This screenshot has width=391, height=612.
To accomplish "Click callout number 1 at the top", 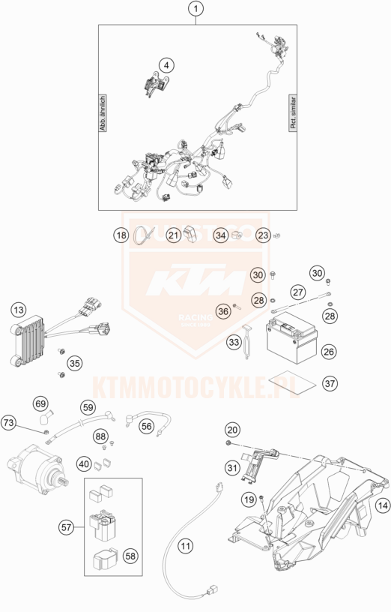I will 196,10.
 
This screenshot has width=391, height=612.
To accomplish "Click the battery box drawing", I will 294,340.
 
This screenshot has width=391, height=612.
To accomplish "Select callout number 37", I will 330,383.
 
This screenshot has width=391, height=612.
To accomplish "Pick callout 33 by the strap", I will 234,343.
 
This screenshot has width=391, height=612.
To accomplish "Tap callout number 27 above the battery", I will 297,292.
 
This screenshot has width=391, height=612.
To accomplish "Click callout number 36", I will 222,311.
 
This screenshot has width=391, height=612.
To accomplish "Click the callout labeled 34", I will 220,236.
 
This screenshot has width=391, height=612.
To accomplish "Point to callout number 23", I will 263,236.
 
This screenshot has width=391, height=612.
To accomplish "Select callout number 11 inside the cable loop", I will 185,547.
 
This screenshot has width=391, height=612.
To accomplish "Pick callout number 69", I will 40,404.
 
